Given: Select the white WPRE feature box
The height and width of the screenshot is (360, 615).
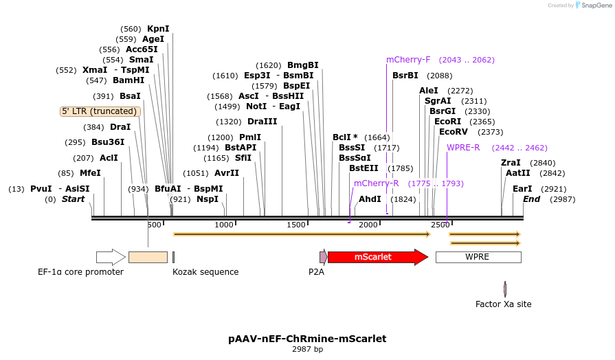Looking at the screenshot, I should pyautogui.click(x=478, y=257).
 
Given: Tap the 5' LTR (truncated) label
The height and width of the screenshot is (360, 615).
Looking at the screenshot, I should pyautogui.click(x=100, y=111).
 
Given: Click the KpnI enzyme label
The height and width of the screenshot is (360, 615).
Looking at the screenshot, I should pyautogui.click(x=158, y=29).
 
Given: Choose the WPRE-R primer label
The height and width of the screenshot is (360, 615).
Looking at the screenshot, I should pyautogui.click(x=463, y=148).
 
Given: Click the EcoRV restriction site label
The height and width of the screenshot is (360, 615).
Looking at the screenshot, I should pyautogui.click(x=453, y=132).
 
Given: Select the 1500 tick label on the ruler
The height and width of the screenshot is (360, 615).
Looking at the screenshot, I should pyautogui.click(x=297, y=225).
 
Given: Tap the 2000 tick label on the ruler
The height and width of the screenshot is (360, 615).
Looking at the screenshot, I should pyautogui.click(x=368, y=225).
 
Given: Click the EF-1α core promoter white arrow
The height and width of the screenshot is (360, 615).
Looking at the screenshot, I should pyautogui.click(x=110, y=257).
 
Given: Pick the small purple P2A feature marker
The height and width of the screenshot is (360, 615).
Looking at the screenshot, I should pyautogui.click(x=323, y=257).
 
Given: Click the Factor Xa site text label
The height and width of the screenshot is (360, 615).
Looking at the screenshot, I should pyautogui.click(x=503, y=304).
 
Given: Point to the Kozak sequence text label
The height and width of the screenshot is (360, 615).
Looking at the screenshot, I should pyautogui.click(x=205, y=272).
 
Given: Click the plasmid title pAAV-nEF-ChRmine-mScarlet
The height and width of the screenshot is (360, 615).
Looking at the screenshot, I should pyautogui.click(x=307, y=339).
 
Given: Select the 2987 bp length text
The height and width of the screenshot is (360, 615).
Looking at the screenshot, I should pyautogui.click(x=307, y=350).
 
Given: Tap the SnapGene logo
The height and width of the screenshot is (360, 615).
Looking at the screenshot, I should pyautogui.click(x=593, y=5).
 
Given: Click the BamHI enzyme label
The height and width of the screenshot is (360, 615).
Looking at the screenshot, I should pyautogui.click(x=128, y=80).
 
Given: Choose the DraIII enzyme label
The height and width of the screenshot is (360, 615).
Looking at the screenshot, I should pyautogui.click(x=262, y=122).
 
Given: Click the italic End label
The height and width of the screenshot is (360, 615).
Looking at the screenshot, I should pyautogui.click(x=531, y=199).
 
